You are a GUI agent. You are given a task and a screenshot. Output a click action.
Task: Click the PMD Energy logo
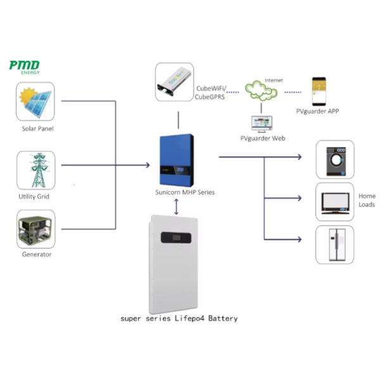(x=25, y=66)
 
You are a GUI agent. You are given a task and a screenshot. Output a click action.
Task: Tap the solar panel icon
(x=35, y=104)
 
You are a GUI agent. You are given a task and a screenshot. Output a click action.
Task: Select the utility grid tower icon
(x=35, y=170)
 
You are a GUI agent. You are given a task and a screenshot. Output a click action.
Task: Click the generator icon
(x=35, y=229)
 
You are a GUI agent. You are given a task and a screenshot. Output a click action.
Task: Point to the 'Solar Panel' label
(x=37, y=129)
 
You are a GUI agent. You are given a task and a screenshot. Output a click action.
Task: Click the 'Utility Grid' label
(x=35, y=196)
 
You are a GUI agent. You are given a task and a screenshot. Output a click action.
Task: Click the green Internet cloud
(x=263, y=92)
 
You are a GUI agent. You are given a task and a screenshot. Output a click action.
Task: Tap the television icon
(x=334, y=202)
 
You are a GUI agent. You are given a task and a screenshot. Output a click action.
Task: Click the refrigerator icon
(x=334, y=244)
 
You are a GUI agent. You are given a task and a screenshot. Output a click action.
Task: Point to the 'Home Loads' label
(x=367, y=200)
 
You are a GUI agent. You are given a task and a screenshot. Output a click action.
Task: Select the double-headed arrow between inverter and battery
(x=175, y=205)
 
